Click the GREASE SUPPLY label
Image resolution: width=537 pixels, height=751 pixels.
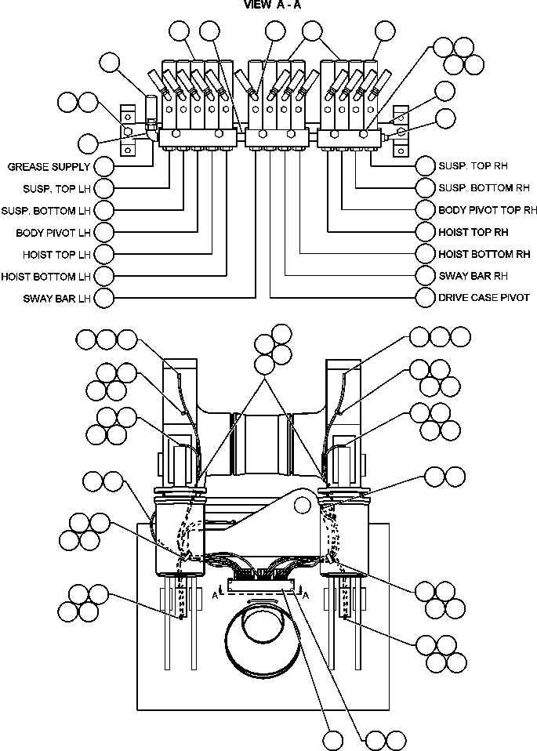pos(49,167)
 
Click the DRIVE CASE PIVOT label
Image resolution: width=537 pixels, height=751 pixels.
pos(483,298)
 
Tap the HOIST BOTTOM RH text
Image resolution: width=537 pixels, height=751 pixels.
pos(484,254)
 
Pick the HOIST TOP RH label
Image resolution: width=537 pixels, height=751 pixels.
pos(474,232)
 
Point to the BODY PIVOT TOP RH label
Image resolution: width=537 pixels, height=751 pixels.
pos(488,210)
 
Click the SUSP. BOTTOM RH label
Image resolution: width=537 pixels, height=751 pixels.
pos(484,188)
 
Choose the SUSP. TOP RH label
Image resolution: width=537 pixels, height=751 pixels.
pos(474,166)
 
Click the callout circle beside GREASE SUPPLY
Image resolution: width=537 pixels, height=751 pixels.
pos(103,167)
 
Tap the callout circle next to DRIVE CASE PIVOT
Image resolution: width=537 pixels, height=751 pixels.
pos(426,298)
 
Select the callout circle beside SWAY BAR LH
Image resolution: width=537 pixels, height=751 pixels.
pos(103,299)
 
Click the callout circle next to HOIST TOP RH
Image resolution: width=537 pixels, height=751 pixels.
pos(426,232)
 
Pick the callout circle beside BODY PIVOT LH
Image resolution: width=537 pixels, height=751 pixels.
pos(103,233)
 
